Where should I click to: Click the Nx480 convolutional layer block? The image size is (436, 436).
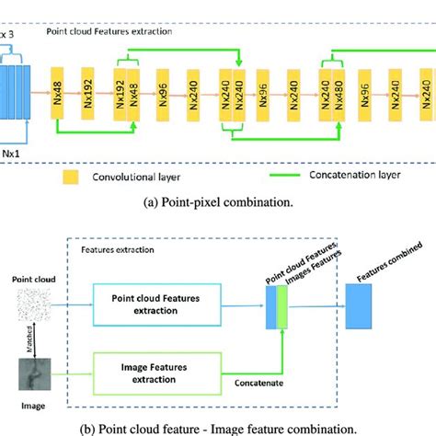click(338, 93)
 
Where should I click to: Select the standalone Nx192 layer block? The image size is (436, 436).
click(86, 92)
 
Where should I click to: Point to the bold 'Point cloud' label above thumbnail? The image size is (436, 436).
click(32, 277)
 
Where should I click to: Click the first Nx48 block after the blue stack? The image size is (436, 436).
click(56, 92)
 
